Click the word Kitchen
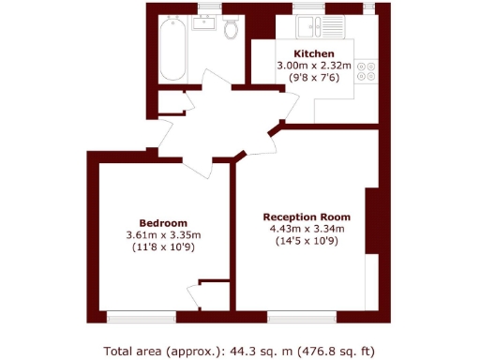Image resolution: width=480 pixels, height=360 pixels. coord(313,52)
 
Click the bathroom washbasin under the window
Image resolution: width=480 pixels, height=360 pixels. coord(208,22)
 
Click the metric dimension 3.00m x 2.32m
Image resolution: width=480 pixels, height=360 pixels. coord(313,66)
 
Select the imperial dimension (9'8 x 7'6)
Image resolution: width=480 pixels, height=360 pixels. coord(313,79)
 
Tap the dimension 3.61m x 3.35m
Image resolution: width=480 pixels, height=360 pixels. coord(164,234)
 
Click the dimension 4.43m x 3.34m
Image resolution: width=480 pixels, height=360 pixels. coord(307,228)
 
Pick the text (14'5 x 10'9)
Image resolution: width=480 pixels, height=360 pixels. coord(307,241)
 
